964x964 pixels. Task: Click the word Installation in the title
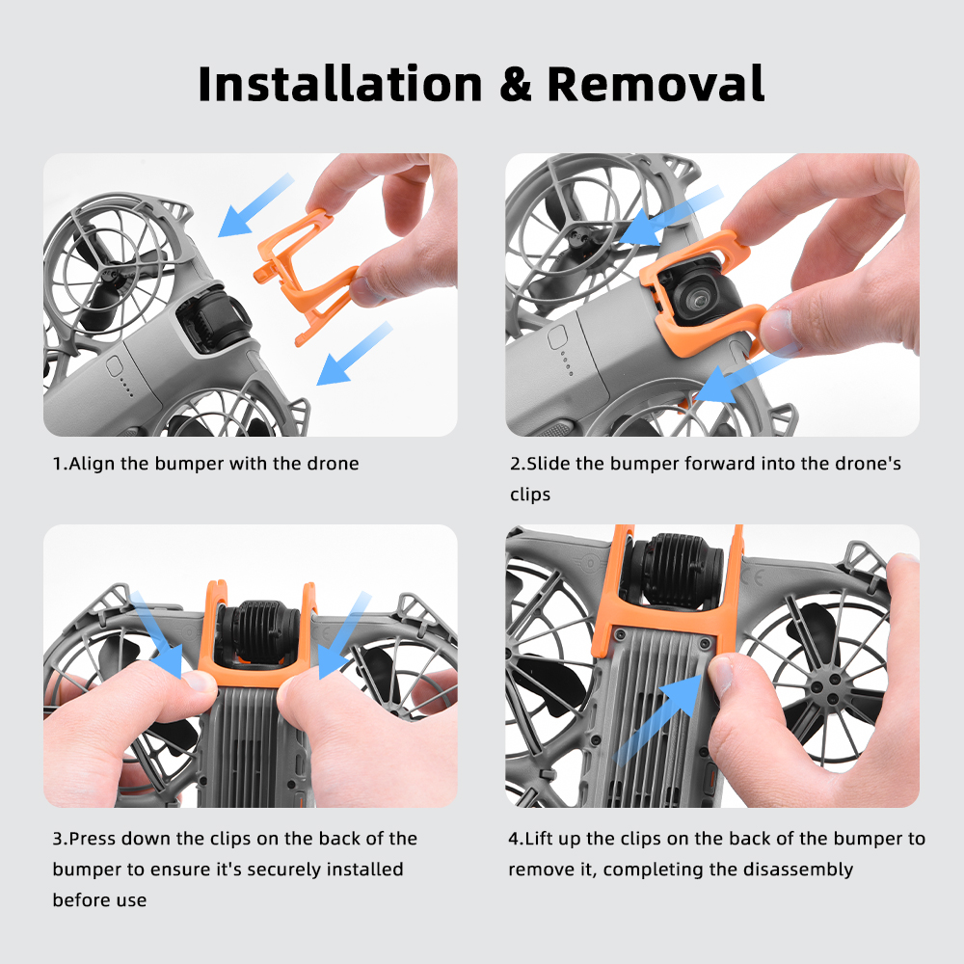[340, 84]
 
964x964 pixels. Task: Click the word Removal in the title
[656, 84]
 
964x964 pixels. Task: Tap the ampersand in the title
[515, 84]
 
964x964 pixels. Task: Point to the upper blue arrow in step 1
[255, 205]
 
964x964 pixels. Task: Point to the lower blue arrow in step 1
[354, 354]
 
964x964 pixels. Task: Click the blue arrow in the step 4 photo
[657, 718]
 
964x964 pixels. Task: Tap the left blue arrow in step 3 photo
[157, 634]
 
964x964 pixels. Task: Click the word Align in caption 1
[93, 464]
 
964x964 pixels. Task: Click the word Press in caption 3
[93, 839]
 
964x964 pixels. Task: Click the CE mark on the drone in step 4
[755, 577]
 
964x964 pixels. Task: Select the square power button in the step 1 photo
[115, 366]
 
